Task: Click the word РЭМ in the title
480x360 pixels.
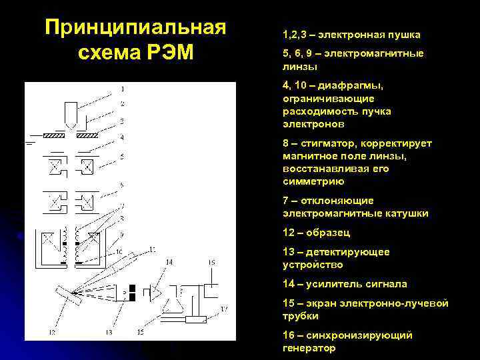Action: coord(165,53)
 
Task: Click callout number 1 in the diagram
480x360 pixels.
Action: coord(122,89)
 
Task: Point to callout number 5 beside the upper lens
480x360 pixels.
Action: coord(122,157)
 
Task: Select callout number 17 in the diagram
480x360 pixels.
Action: coord(225,309)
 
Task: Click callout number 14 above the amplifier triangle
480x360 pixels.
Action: coord(169,263)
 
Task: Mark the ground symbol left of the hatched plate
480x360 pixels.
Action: coord(30,141)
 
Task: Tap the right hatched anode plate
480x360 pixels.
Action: coord(89,135)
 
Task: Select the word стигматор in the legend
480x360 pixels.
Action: coord(328,143)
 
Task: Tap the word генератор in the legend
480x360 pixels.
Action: coord(309,348)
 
